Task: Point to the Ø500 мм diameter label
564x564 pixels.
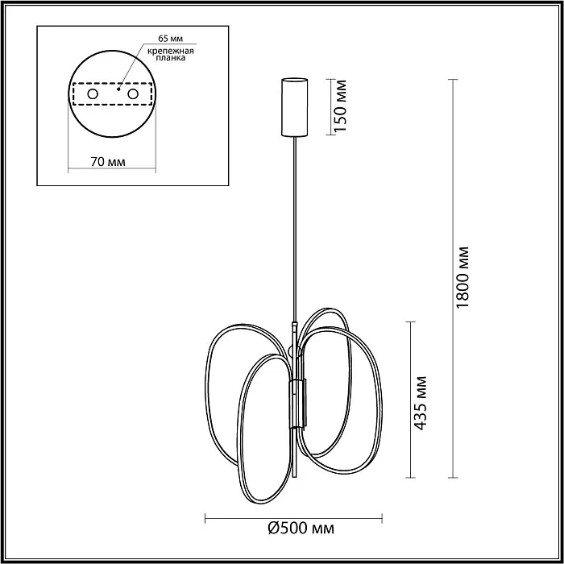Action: (300, 529)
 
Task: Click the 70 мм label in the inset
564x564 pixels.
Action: (107, 162)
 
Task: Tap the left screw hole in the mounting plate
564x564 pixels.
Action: (93, 94)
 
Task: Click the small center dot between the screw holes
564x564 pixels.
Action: (118, 90)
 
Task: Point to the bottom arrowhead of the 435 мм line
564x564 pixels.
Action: (411, 475)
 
